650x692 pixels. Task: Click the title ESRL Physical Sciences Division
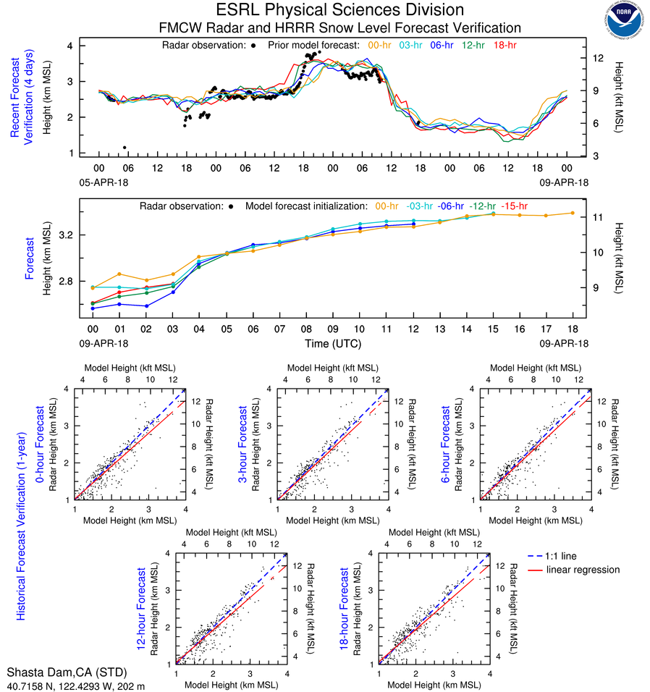[x=339, y=10]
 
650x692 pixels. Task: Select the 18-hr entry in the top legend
[x=504, y=45]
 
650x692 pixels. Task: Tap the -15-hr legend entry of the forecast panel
[x=515, y=206]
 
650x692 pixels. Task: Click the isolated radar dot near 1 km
[x=124, y=148]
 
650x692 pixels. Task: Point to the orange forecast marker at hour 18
[x=572, y=213]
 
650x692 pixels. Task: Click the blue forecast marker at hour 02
[x=147, y=305]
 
